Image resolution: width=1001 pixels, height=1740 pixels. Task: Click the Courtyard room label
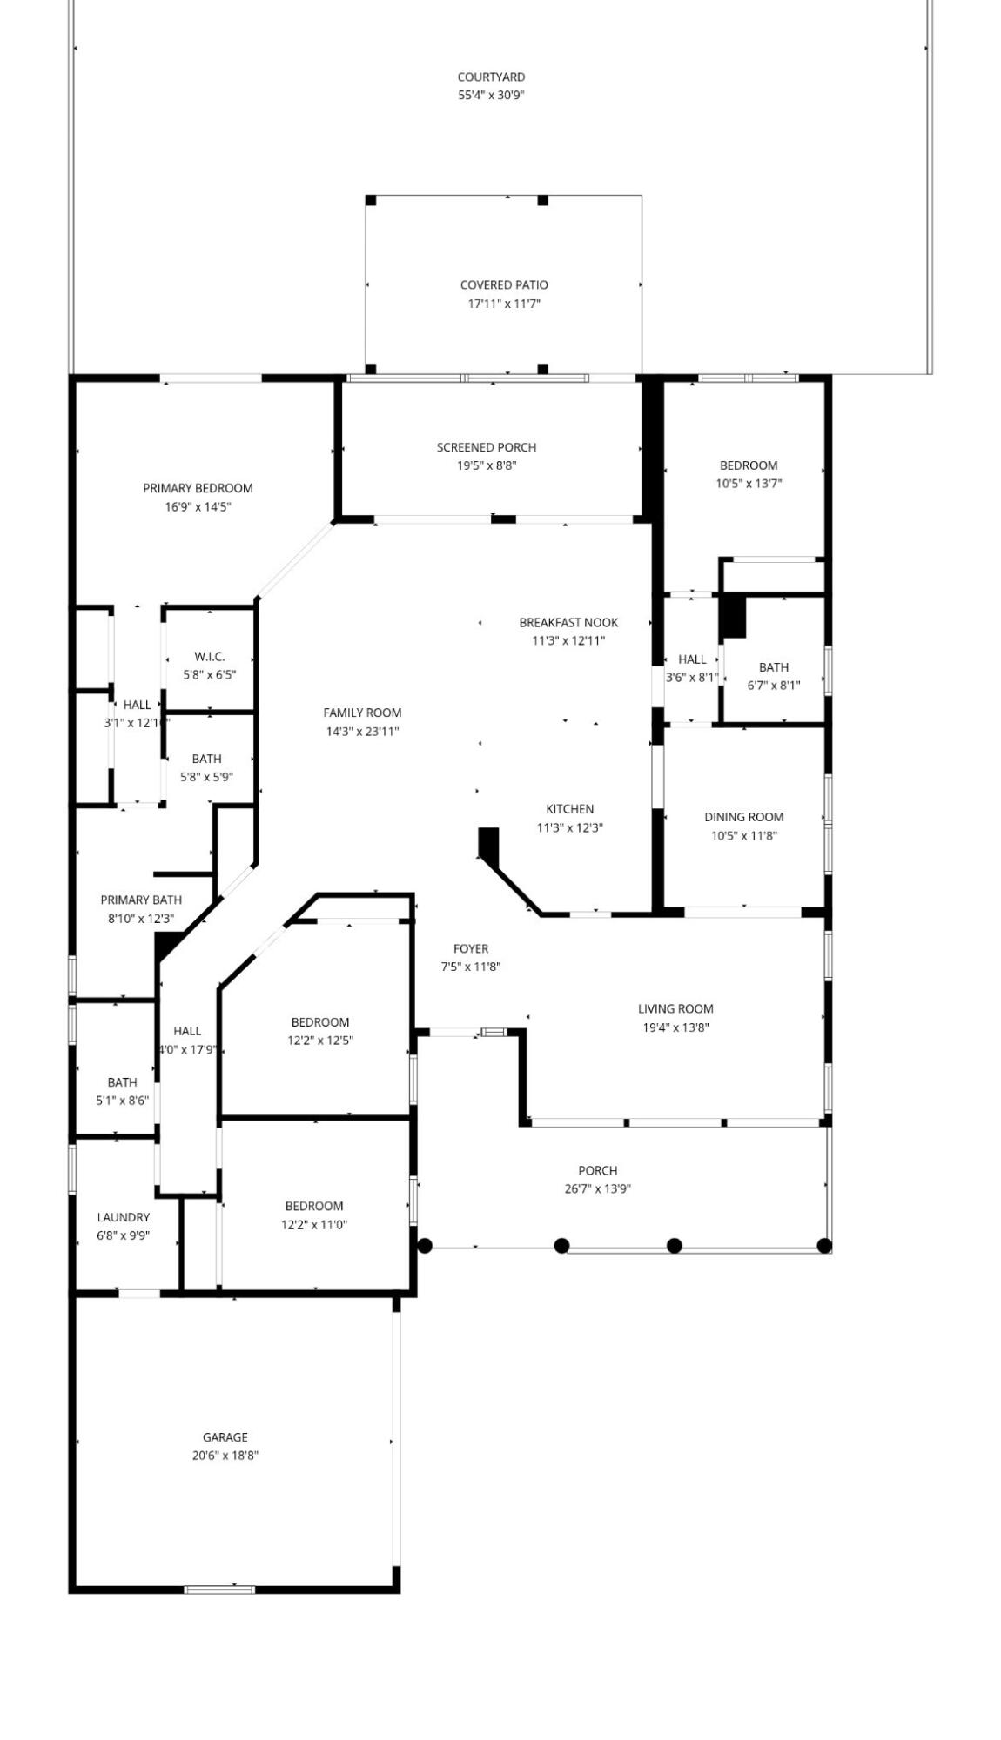(x=491, y=77)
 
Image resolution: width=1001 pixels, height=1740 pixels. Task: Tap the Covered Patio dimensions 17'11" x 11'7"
(x=504, y=304)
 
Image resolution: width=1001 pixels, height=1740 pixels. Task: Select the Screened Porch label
(x=486, y=447)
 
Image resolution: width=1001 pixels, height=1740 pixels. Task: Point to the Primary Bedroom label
(x=198, y=488)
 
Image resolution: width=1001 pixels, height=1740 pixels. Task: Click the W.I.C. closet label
(x=209, y=657)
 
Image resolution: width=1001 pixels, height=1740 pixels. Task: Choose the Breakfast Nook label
(x=568, y=623)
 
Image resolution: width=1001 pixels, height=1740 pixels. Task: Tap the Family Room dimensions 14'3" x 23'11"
(x=362, y=732)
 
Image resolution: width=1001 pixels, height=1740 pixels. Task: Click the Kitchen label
(x=569, y=809)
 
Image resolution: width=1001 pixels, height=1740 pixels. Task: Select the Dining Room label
(x=743, y=817)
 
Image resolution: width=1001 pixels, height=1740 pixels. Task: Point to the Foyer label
(x=470, y=948)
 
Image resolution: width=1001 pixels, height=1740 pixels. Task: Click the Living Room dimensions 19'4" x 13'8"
(x=675, y=1027)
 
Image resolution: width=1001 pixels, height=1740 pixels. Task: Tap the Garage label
(x=225, y=1437)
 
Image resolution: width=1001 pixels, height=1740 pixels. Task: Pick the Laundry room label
(x=123, y=1217)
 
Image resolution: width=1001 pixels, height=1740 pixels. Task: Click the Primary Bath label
(x=140, y=900)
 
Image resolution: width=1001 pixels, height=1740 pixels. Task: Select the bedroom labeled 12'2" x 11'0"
(x=313, y=1215)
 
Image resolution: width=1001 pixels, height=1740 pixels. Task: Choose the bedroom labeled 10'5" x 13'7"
(x=748, y=474)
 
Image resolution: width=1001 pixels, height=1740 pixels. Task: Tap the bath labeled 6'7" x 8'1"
(x=773, y=676)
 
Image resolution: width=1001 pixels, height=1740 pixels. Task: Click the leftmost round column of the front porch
(x=425, y=1246)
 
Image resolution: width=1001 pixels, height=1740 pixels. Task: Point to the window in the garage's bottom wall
(x=219, y=1589)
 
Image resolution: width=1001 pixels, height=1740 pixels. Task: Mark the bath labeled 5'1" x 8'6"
(x=122, y=1091)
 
